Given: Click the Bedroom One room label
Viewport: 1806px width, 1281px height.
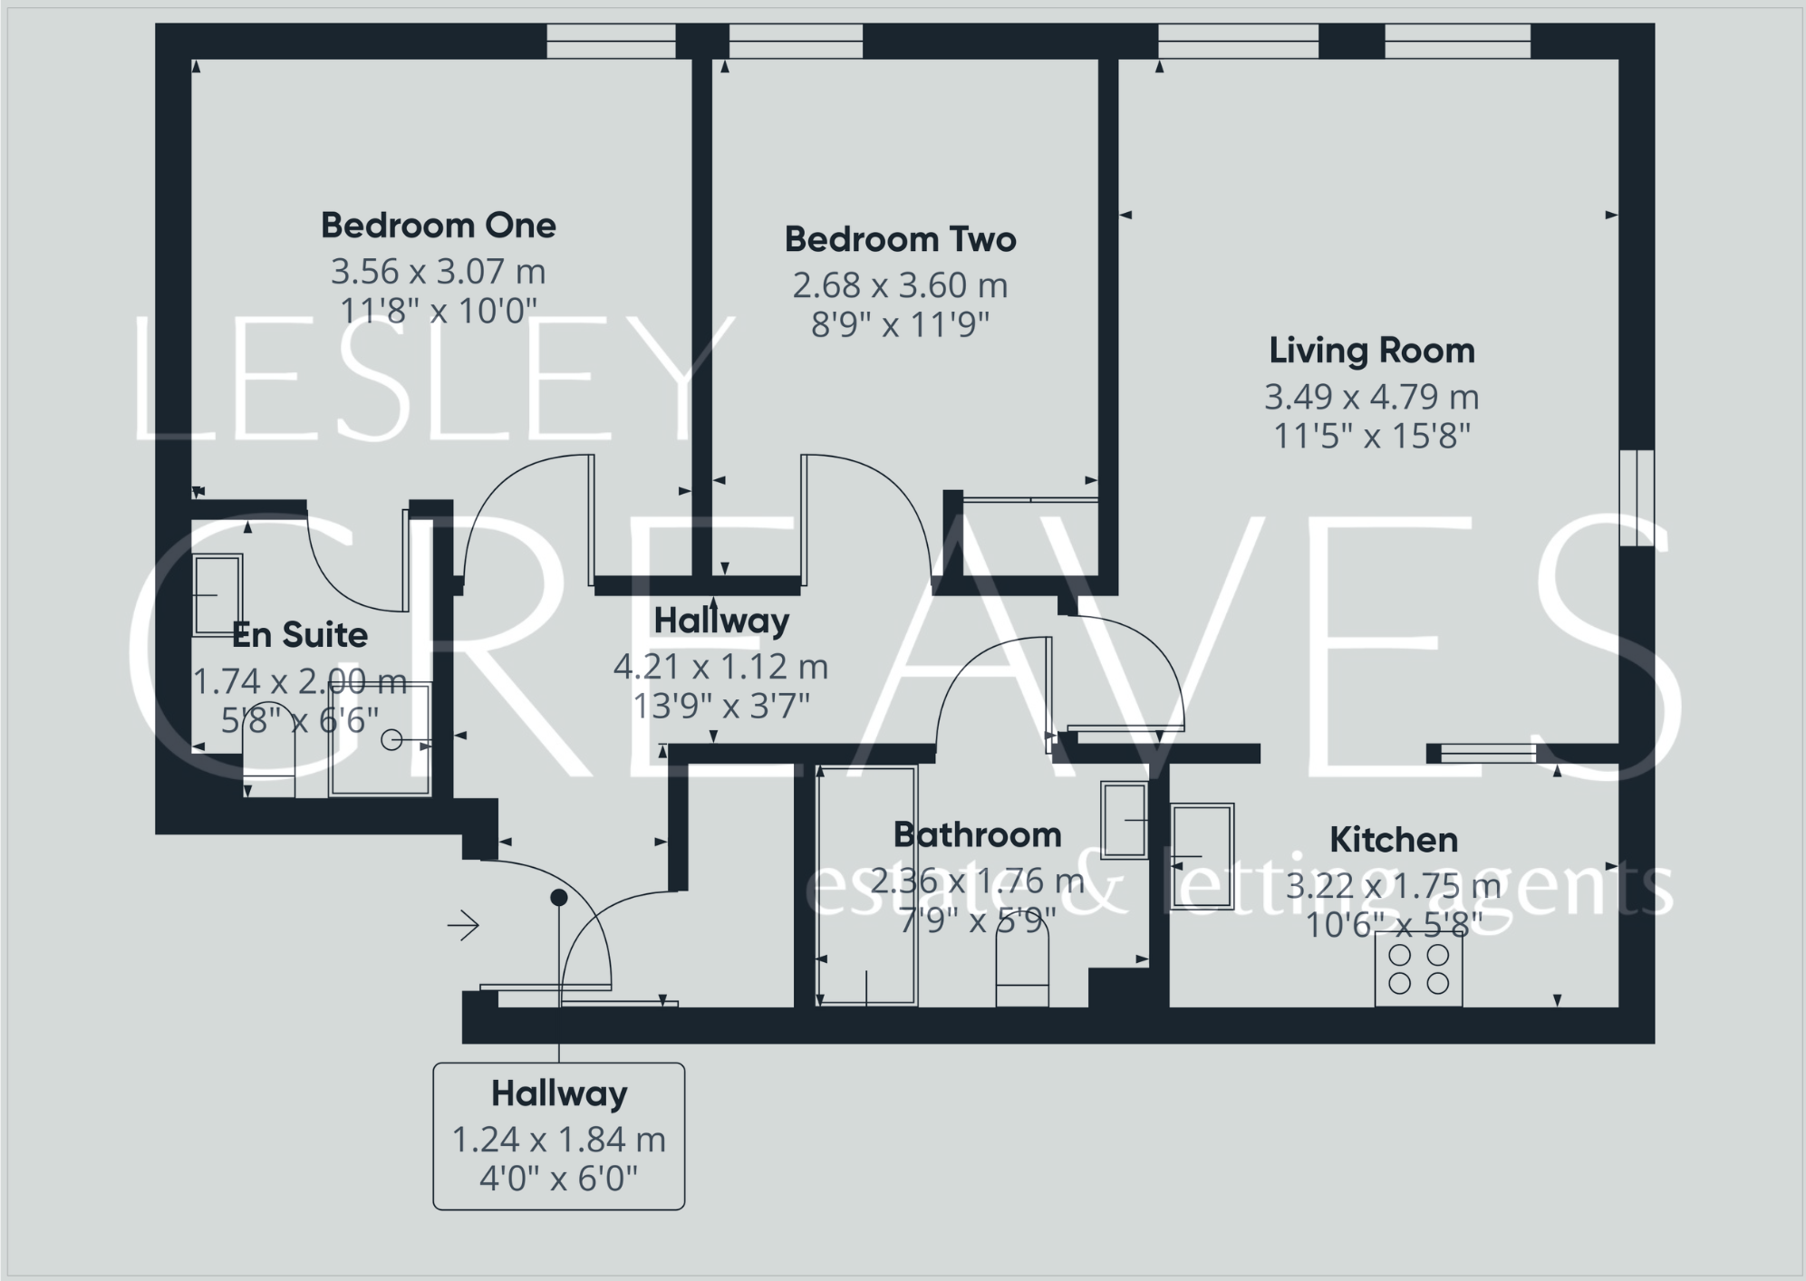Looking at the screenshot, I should pos(438,225).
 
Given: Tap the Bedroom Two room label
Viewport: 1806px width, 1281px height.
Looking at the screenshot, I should pos(900,239).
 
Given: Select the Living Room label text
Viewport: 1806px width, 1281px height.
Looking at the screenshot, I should pos(1371,351).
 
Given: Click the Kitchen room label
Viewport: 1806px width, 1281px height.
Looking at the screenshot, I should pos(1393,840).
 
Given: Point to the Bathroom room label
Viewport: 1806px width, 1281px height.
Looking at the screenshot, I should pos(977,834).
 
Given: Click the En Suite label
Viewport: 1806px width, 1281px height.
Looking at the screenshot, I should pos(300,635).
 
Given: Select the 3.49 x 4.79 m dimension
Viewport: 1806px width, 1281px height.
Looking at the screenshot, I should pos(1371,397).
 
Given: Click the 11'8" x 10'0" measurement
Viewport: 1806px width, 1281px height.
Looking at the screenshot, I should pos(438,311).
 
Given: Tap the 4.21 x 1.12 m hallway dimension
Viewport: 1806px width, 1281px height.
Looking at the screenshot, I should pos(720,667).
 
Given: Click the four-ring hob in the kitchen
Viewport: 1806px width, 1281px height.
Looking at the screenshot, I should pos(1418,968).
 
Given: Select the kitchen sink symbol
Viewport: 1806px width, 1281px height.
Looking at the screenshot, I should pos(1202,856).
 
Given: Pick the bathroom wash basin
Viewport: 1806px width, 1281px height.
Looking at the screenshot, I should pos(1125,820).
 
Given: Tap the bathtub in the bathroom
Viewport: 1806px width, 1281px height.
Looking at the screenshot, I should pos(867,885).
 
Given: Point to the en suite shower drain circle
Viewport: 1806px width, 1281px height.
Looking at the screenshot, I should pos(391,741).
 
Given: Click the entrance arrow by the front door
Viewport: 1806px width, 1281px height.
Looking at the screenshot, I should pos(463,925).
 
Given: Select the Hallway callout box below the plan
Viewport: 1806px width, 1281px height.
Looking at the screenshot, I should pos(558,1136).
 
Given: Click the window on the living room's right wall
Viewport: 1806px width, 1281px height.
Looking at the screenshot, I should pos(1637,498).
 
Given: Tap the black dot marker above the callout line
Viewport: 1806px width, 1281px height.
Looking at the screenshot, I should pos(559,898).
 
